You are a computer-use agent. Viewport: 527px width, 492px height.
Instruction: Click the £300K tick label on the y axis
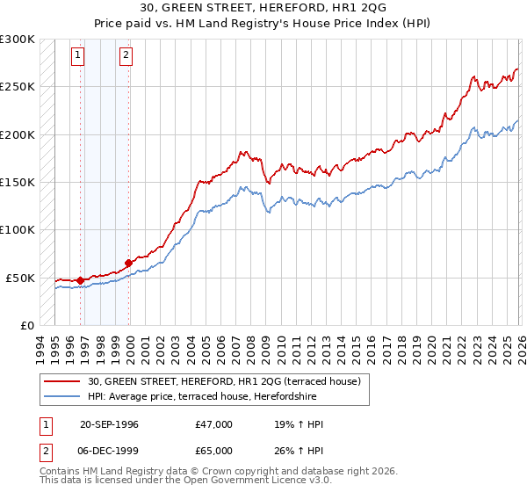[x=18, y=40]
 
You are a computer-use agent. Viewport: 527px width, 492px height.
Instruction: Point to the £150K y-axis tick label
[x=18, y=183]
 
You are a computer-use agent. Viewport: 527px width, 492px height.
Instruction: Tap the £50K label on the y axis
[x=20, y=278]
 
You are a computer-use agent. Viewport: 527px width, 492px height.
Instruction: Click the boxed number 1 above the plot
[x=78, y=55]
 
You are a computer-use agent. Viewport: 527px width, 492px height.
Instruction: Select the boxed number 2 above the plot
[x=126, y=55]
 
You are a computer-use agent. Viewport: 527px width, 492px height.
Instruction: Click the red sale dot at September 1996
[x=80, y=280]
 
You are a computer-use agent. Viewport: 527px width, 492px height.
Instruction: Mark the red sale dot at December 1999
[x=129, y=263]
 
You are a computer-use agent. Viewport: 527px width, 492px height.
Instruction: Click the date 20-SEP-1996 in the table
[x=109, y=424]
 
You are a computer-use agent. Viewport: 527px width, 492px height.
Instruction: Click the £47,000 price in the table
[x=214, y=424]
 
